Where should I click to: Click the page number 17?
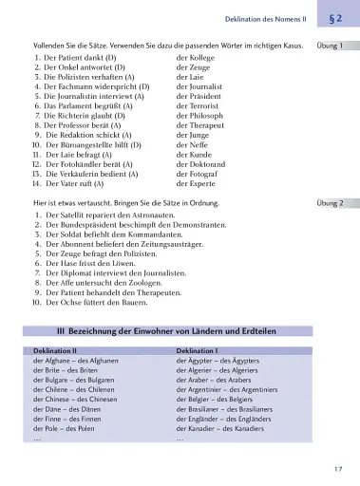pyautogui.click(x=338, y=469)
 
